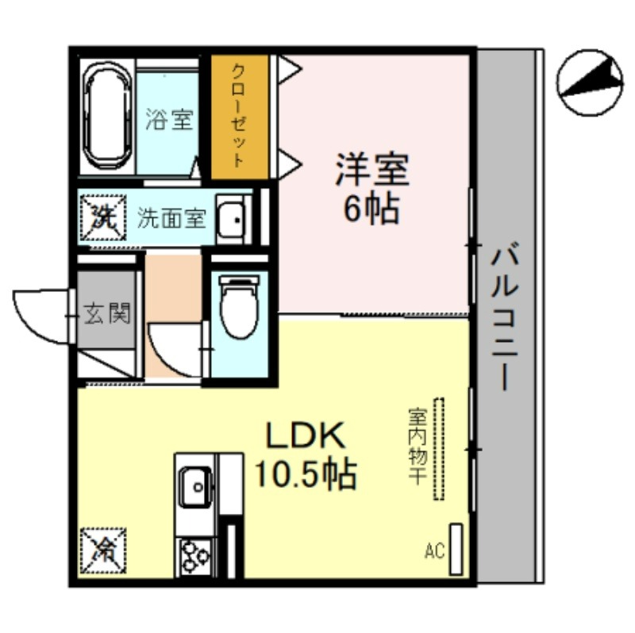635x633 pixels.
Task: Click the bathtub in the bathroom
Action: click(x=108, y=117)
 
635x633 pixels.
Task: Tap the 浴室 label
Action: click(x=169, y=120)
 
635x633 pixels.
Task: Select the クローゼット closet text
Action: click(x=239, y=116)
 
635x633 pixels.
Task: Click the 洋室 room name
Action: click(x=371, y=169)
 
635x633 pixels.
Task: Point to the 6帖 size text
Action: click(x=371, y=209)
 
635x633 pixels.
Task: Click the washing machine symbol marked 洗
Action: click(x=103, y=218)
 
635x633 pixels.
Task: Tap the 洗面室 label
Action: click(x=171, y=218)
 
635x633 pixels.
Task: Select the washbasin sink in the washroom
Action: click(x=231, y=220)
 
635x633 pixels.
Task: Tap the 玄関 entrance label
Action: click(x=107, y=313)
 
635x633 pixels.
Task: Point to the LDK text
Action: click(x=306, y=435)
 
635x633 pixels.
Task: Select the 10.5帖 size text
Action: click(x=306, y=474)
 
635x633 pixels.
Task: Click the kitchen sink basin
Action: click(x=195, y=486)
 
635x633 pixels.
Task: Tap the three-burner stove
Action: click(x=195, y=557)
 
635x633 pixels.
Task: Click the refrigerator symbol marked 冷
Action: click(x=103, y=551)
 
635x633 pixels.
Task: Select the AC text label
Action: click(x=434, y=551)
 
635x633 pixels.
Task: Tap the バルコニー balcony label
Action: click(x=505, y=316)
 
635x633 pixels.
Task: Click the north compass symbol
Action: click(x=590, y=82)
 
